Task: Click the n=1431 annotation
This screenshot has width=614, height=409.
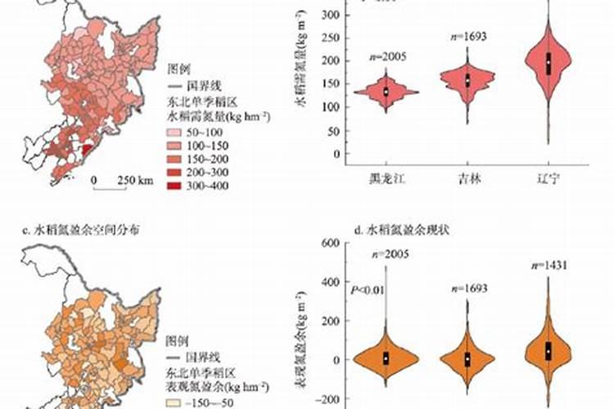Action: [549, 265]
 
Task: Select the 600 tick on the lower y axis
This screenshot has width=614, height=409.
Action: [329, 242]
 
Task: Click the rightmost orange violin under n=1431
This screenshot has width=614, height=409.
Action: [549, 349]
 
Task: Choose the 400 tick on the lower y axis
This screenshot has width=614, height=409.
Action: [329, 281]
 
